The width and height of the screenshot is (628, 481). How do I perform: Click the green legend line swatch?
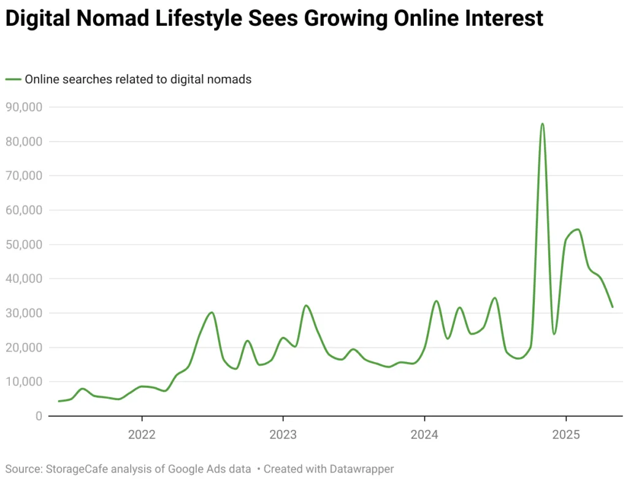coord(13,79)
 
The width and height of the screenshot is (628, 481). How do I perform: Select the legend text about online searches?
coord(138,79)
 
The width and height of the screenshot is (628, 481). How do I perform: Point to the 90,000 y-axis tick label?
coord(24,107)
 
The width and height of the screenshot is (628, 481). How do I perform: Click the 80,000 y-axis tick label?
coord(24,141)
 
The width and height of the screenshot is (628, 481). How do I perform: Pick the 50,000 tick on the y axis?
coord(24,244)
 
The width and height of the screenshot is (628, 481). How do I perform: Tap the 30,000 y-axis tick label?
coord(24,313)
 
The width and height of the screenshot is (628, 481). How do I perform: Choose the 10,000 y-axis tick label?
coord(24,382)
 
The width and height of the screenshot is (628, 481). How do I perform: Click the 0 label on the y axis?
coord(38,416)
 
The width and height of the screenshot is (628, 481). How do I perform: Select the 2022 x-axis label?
coord(142,435)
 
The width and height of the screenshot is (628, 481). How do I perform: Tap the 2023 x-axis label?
coord(283,435)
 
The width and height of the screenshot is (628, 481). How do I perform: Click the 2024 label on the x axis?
coord(424,435)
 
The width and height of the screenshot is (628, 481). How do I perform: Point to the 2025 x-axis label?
coord(565,435)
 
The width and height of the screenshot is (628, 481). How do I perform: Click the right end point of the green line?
coord(612,307)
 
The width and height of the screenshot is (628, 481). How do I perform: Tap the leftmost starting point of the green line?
coord(59,401)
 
